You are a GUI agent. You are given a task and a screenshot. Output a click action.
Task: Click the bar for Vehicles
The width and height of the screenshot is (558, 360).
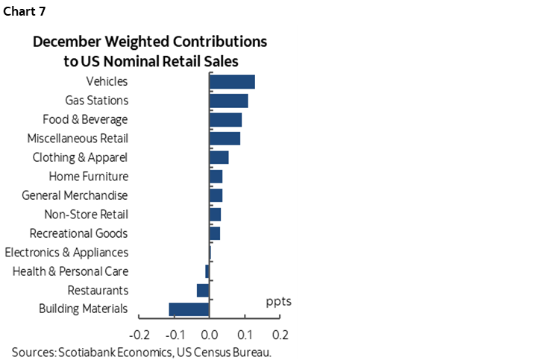[232, 82]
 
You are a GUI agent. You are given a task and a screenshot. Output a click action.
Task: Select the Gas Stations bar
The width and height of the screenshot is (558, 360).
[228, 101]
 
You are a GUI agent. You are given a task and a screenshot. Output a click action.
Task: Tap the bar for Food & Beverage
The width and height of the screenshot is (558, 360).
[225, 120]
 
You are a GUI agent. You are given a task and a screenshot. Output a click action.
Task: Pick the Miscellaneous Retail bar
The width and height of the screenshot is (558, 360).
[225, 139]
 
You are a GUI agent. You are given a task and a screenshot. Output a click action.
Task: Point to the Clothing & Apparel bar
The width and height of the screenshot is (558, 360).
[219, 157]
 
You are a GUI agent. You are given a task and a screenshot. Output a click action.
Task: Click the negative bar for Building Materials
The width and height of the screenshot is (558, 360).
[189, 309]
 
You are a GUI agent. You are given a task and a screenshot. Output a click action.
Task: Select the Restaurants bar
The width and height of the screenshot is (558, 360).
[203, 291]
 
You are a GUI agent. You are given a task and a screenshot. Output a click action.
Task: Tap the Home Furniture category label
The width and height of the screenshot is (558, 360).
[88, 177]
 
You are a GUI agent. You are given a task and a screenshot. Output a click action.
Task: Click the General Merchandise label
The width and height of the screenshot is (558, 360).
[75, 195]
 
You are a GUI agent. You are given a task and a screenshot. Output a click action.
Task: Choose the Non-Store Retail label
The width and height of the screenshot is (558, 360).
[86, 215]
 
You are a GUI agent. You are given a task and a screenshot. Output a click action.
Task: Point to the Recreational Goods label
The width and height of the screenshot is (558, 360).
[78, 233]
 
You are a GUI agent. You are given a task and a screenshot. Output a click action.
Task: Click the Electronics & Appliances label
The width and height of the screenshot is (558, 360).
[66, 253]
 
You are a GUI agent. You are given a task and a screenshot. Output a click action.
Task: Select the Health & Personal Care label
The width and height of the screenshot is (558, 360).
[70, 271]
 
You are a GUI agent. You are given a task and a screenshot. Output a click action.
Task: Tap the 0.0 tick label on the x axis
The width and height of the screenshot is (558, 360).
[210, 334]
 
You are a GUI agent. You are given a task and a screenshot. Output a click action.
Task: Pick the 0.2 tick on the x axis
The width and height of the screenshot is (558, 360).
[280, 334]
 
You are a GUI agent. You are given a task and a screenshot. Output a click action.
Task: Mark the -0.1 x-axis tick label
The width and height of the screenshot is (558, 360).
[174, 334]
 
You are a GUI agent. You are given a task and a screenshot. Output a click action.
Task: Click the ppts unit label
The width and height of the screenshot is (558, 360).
[278, 302]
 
